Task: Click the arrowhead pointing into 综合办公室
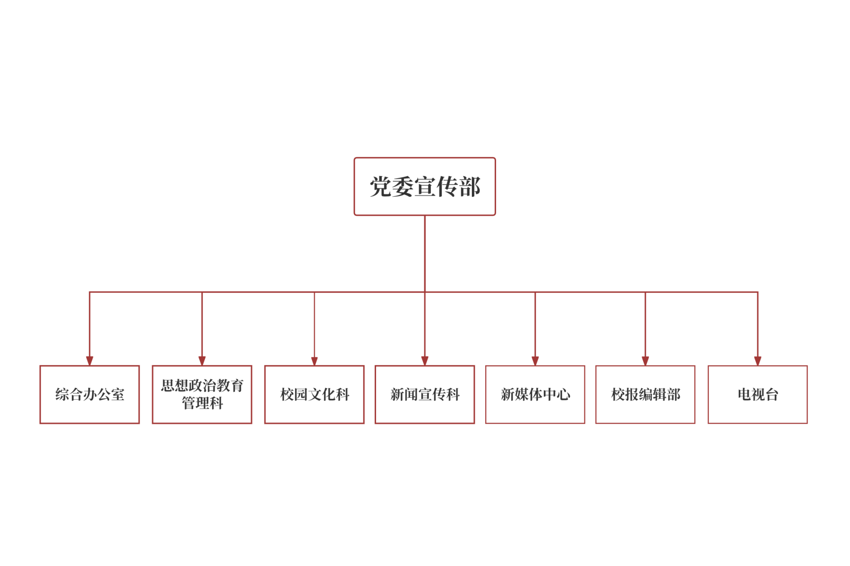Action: coord(90,361)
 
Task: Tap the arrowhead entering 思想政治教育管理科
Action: coord(202,361)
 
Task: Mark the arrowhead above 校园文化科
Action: coord(314,361)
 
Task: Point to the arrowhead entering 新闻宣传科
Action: coord(425,361)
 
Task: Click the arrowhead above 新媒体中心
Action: coord(535,361)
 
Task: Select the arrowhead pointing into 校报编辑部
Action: coord(645,361)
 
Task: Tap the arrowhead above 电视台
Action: coord(758,361)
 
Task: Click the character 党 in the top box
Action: coord(381,186)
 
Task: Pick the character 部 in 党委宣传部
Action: coord(469,186)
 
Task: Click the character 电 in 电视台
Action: coord(744,394)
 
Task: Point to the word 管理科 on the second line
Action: coord(202,403)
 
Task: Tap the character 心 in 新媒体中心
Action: coord(563,394)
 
